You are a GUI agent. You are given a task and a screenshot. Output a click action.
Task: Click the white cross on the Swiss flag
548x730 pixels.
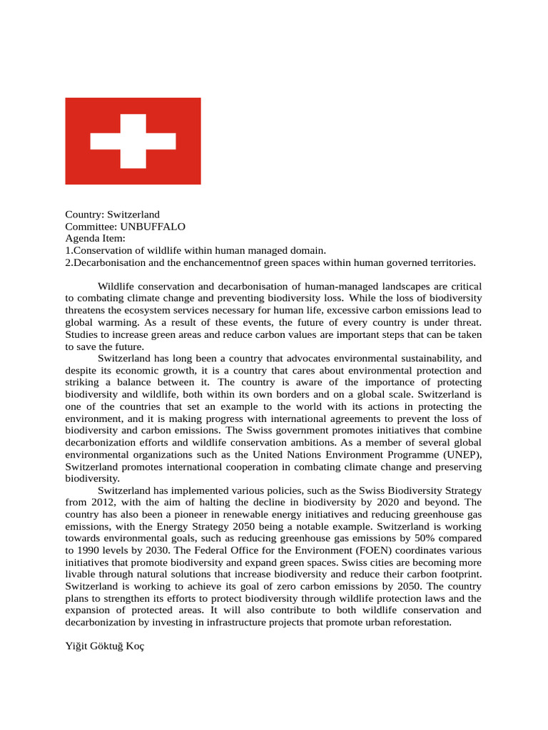pos(133,140)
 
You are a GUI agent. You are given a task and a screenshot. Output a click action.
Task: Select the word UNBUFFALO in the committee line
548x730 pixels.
pos(153,227)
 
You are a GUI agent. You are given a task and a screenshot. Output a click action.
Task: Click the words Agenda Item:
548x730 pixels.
pos(95,238)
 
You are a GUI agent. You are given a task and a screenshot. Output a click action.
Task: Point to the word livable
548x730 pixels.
pos(81,575)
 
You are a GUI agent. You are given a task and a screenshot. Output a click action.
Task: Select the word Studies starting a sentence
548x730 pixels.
pos(82,334)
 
